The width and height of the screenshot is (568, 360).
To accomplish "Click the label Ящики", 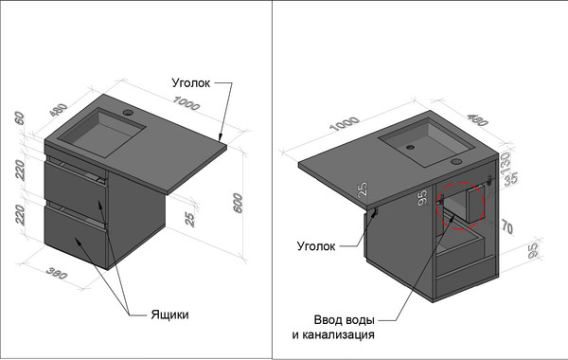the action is click(169, 315).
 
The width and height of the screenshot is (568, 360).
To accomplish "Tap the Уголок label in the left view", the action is click(191, 83).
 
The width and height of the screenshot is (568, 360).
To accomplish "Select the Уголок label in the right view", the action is click(316, 246).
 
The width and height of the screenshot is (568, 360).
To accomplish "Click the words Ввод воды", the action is click(344, 320).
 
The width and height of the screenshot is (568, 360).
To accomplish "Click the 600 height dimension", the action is click(238, 203).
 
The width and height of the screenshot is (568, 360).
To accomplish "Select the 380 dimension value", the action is click(57, 274).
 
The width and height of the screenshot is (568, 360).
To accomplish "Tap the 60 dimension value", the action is click(19, 118).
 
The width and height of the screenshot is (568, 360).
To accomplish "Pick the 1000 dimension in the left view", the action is click(186, 103).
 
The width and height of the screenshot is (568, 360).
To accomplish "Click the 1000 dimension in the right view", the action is click(345, 123).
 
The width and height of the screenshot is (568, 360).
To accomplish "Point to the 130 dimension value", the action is click(506, 164).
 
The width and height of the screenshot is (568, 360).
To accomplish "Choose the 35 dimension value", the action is click(511, 179).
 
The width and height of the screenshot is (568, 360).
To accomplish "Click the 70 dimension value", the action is click(507, 227).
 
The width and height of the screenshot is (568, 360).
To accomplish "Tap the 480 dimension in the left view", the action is click(59, 110).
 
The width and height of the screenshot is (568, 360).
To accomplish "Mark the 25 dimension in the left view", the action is click(189, 220).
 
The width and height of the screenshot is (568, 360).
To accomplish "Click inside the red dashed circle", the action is click(460, 206).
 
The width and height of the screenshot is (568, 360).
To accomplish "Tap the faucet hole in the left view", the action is click(128, 113).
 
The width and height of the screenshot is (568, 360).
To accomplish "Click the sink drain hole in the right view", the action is click(410, 147).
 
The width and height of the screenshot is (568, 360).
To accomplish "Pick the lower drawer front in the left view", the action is click(76, 237).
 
